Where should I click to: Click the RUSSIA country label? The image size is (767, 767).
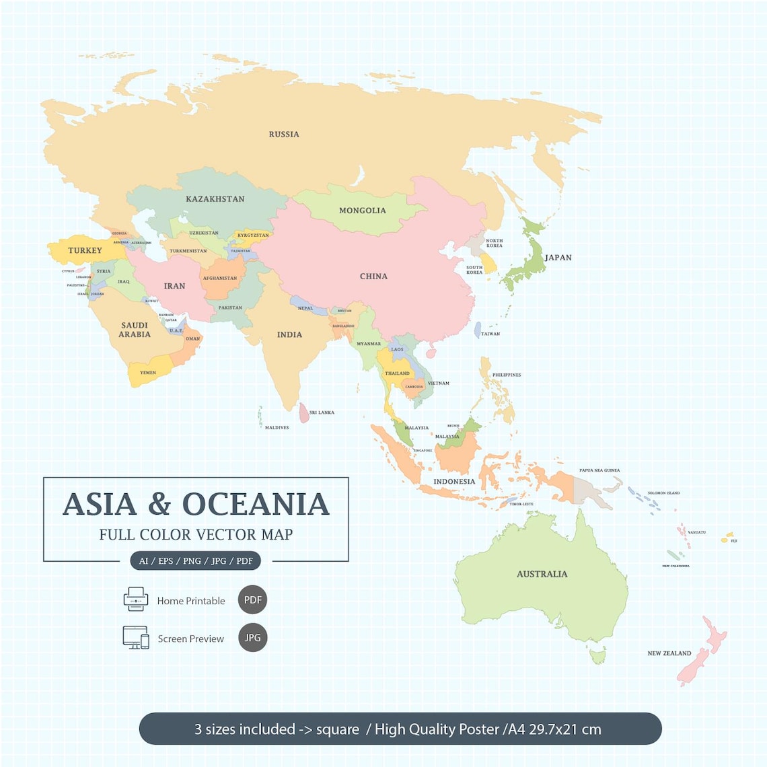[x=284, y=135]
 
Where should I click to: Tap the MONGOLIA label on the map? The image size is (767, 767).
[x=362, y=211]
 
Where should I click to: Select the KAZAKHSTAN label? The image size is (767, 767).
[x=215, y=199]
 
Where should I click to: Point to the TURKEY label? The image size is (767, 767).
[x=85, y=251]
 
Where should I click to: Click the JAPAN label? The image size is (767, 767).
[x=558, y=258]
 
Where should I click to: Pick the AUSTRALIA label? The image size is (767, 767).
[x=542, y=575]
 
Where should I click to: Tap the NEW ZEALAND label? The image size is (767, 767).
[x=669, y=653]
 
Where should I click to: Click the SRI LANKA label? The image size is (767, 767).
[x=322, y=412]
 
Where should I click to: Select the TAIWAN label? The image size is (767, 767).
[x=490, y=334]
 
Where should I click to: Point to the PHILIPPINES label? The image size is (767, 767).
[x=506, y=375]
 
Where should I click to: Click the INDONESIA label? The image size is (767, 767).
[x=454, y=482]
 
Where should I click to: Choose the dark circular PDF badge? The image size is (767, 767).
[x=252, y=600]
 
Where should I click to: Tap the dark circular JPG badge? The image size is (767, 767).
[x=252, y=638]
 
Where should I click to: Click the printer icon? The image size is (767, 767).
[x=136, y=599]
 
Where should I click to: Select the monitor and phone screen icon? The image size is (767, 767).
[x=136, y=637]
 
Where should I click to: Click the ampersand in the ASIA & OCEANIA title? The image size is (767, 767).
[x=159, y=505]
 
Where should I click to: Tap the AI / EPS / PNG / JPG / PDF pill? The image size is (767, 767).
[x=196, y=561]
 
